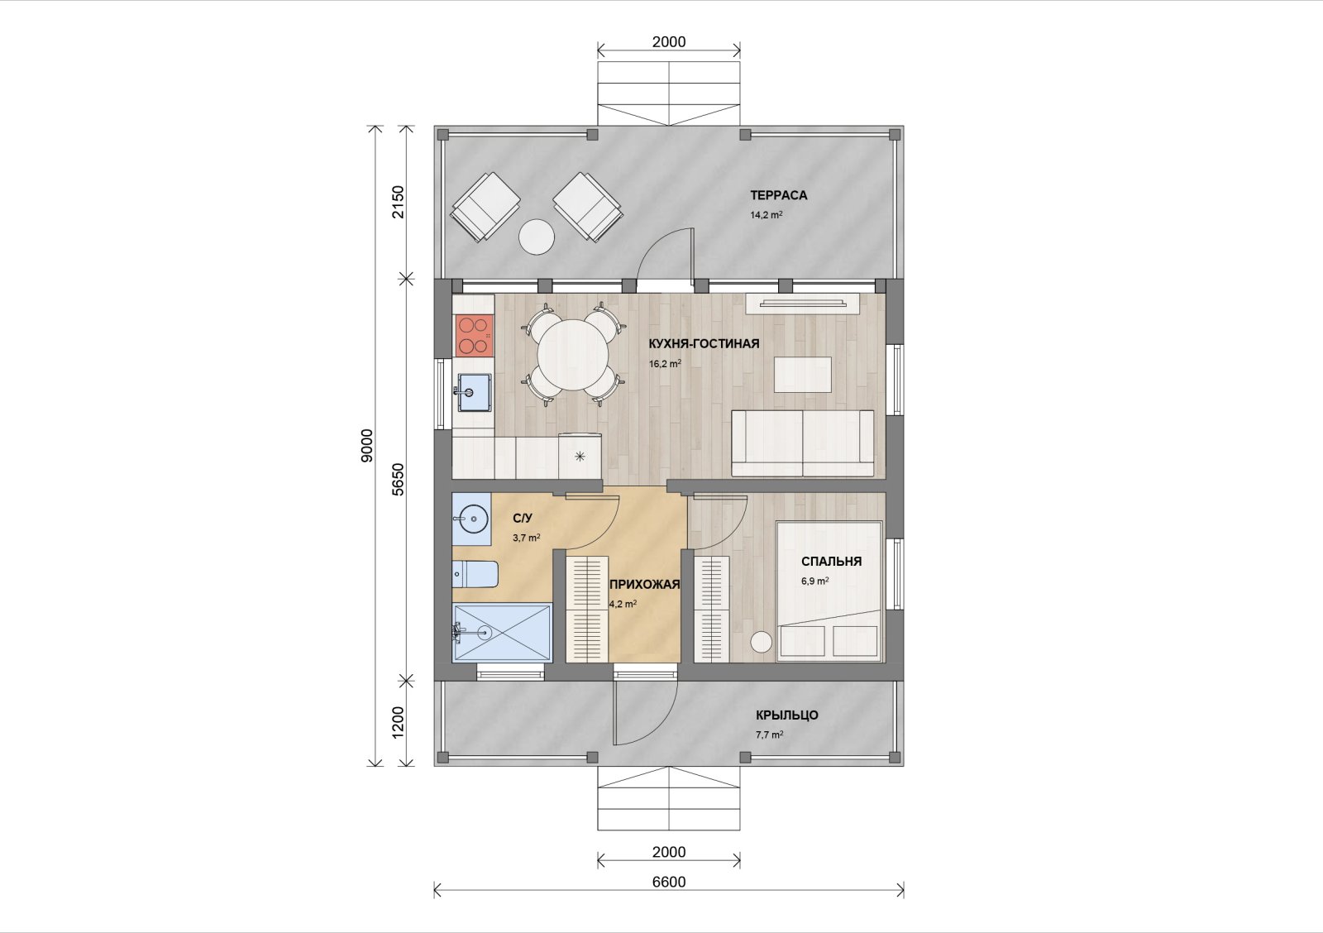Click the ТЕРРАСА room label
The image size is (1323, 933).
(778, 195)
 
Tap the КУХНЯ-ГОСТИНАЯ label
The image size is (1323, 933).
(704, 344)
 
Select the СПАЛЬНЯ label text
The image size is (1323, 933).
(832, 562)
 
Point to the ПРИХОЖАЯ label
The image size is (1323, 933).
(645, 585)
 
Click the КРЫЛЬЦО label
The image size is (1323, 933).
(787, 715)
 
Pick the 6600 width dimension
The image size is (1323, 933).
(669, 882)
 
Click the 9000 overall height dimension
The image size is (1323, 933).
(367, 446)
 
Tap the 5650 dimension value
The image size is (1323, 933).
(399, 479)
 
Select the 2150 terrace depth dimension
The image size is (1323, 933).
(399, 202)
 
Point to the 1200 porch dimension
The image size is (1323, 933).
(399, 721)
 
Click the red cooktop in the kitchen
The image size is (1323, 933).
(474, 334)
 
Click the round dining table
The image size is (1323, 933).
(573, 355)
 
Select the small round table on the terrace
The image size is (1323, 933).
(537, 237)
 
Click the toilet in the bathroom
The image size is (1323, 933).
(475, 574)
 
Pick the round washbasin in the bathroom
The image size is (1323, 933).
(473, 519)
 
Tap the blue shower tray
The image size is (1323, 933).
(503, 632)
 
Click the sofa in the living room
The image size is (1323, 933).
(803, 443)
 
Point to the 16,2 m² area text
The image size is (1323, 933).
(665, 364)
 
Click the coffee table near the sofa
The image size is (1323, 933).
(803, 374)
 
